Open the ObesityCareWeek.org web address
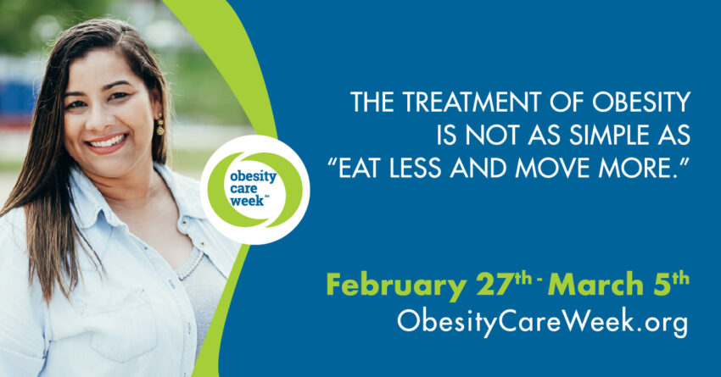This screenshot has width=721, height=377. [541, 323]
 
